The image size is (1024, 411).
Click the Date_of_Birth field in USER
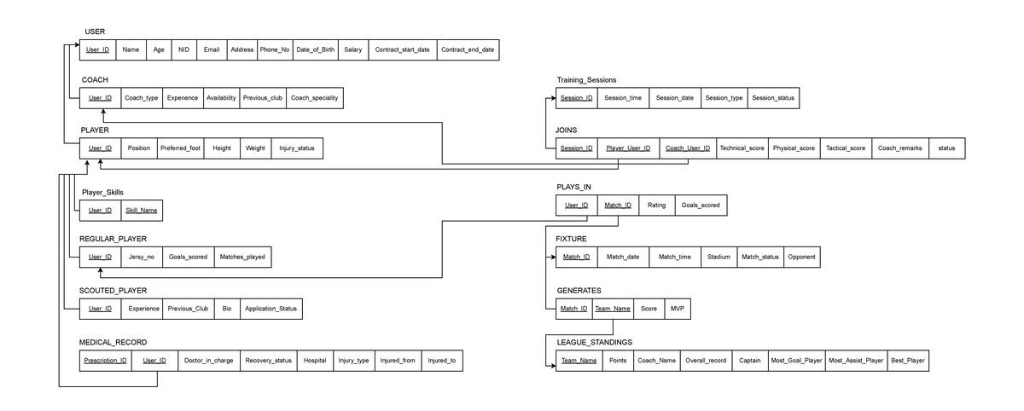(315, 49)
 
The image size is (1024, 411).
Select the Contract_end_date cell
(467, 49)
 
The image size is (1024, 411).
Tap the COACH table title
(95, 80)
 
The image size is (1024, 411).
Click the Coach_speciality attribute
(314, 98)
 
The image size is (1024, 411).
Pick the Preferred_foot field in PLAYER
(181, 148)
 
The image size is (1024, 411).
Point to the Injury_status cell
(296, 148)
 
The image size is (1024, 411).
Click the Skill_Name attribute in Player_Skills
(141, 210)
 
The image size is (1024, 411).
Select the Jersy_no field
(142, 257)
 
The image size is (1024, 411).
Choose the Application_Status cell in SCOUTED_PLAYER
(271, 309)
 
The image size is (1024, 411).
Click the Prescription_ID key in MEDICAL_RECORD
(105, 361)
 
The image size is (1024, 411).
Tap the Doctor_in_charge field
(208, 361)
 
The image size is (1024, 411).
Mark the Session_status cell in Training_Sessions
(773, 98)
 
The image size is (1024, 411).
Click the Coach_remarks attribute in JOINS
(900, 148)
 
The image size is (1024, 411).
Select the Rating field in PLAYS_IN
(656, 205)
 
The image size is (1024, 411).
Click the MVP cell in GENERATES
(677, 309)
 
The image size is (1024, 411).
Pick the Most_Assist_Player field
(856, 361)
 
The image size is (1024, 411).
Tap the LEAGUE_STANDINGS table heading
(594, 342)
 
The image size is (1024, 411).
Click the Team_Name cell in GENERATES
(613, 309)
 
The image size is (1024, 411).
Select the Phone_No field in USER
(275, 49)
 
